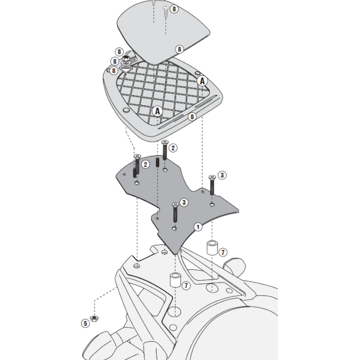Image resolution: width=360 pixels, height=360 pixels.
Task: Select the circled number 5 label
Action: [85, 323]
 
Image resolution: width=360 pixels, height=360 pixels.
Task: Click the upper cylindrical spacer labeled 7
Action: [211, 247]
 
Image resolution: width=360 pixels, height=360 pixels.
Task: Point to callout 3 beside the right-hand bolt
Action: [222, 175]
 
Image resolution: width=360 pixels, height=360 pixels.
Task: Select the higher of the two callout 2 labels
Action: [173, 147]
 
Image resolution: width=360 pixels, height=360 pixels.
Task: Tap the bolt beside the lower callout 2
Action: [136, 166]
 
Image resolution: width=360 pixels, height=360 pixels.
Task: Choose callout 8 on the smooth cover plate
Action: [179, 49]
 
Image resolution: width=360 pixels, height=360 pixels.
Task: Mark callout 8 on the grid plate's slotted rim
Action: [192, 116]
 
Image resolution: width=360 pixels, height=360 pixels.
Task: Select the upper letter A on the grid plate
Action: [202, 81]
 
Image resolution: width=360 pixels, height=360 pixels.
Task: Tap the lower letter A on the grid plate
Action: [157, 111]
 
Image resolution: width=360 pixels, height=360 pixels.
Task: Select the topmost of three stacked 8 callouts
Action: [120, 52]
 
